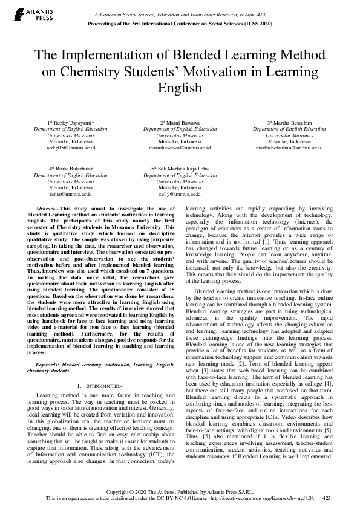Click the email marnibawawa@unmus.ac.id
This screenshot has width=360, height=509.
(x=180, y=147)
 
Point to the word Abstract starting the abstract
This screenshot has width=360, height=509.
(x=48, y=208)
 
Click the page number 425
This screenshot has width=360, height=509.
(x=327, y=498)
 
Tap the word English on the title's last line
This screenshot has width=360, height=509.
(x=179, y=88)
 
